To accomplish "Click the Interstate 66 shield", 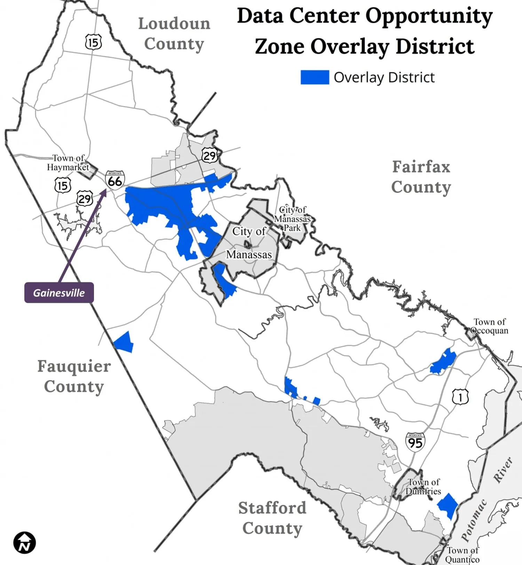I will tap(115, 180).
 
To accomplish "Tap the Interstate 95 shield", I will tap(415, 442).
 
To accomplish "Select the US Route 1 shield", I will tap(460, 397).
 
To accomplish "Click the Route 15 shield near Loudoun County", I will tap(93, 42).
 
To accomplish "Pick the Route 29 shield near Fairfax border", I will tap(209, 155).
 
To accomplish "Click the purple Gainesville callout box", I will tap(59, 293).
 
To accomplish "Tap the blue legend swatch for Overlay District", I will tap(315, 77).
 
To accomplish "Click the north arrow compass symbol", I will tap(24, 542).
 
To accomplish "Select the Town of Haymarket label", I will tap(68, 163).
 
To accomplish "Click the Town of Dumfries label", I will tap(423, 487).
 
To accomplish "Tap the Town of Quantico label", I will tap(462, 555).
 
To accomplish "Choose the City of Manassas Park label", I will tap(292, 219).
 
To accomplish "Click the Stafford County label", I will tap(272, 518).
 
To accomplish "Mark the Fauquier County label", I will tap(74, 376).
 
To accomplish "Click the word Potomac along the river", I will tap(474, 520).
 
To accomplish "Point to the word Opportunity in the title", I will tap(429, 16).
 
